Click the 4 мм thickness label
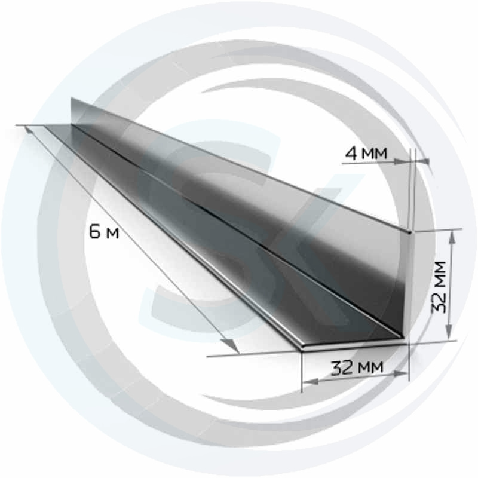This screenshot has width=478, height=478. point(366,154)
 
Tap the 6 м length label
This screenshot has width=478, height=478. point(104,233)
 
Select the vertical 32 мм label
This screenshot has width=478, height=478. point(439,287)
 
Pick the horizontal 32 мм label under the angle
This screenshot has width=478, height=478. point(357,367)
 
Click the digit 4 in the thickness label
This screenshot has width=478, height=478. point(351,154)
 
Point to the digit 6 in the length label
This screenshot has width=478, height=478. point(95,232)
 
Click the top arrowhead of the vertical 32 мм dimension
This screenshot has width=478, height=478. point(452,236)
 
